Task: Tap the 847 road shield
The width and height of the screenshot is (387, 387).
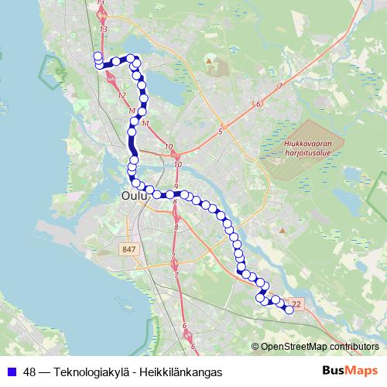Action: coord(129,249)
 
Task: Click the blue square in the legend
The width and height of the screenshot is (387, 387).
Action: coord(11,371)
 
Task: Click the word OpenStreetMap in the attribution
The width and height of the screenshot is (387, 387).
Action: coord(293,347)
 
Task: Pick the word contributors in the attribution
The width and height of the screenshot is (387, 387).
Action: coord(354,347)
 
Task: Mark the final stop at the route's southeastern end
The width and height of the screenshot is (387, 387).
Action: coord(289,310)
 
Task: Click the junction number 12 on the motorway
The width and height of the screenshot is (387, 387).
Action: coord(122,95)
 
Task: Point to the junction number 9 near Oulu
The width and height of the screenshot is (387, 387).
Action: coord(176,187)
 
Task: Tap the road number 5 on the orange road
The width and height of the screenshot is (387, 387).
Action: coord(221,132)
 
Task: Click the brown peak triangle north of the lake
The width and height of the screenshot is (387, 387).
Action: coord(208,60)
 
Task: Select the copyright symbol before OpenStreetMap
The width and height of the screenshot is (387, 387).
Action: coord(256,347)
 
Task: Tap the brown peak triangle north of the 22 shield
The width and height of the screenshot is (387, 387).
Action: coord(284,230)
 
